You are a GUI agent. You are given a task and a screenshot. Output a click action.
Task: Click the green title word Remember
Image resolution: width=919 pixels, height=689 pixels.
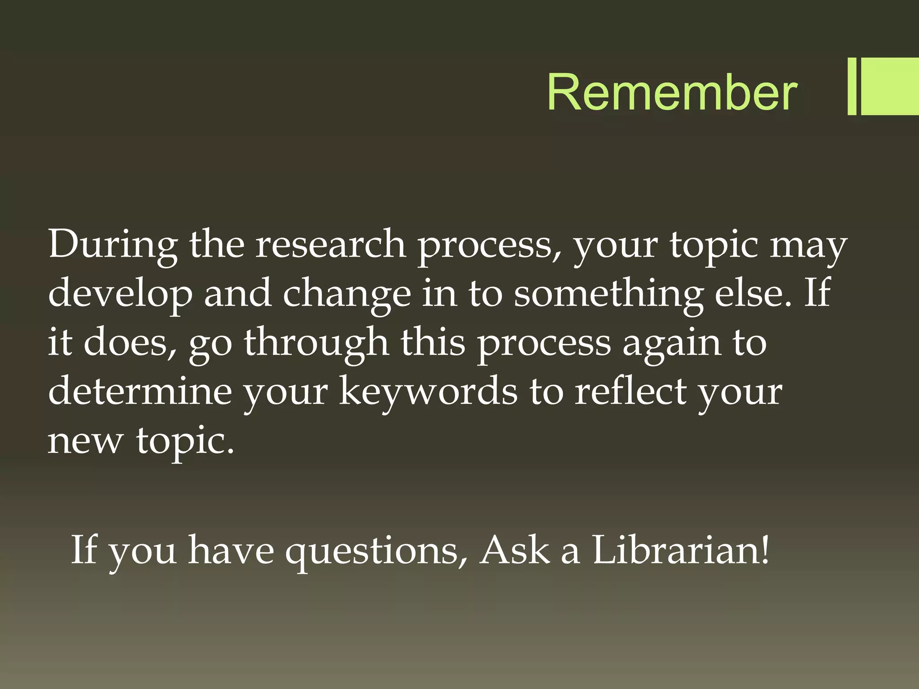[x=672, y=92]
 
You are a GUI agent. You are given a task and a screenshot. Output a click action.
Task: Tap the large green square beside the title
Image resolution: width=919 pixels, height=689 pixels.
[x=890, y=86]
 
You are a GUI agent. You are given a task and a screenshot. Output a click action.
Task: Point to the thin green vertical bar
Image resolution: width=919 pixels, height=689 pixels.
[x=852, y=86]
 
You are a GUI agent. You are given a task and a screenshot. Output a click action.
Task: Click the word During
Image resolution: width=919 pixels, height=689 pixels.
[x=113, y=244]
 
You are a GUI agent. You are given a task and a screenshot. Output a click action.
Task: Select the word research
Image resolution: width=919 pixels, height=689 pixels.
[x=331, y=244]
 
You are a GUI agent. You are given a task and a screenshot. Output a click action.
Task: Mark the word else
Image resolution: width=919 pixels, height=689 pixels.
[x=753, y=292]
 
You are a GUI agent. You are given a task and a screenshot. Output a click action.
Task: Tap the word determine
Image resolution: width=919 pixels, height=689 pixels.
[x=140, y=391]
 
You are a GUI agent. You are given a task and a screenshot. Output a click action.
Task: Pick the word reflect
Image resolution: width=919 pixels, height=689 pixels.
[x=630, y=391]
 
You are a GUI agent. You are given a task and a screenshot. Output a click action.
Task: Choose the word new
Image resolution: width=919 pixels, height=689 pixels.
[x=85, y=440]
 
